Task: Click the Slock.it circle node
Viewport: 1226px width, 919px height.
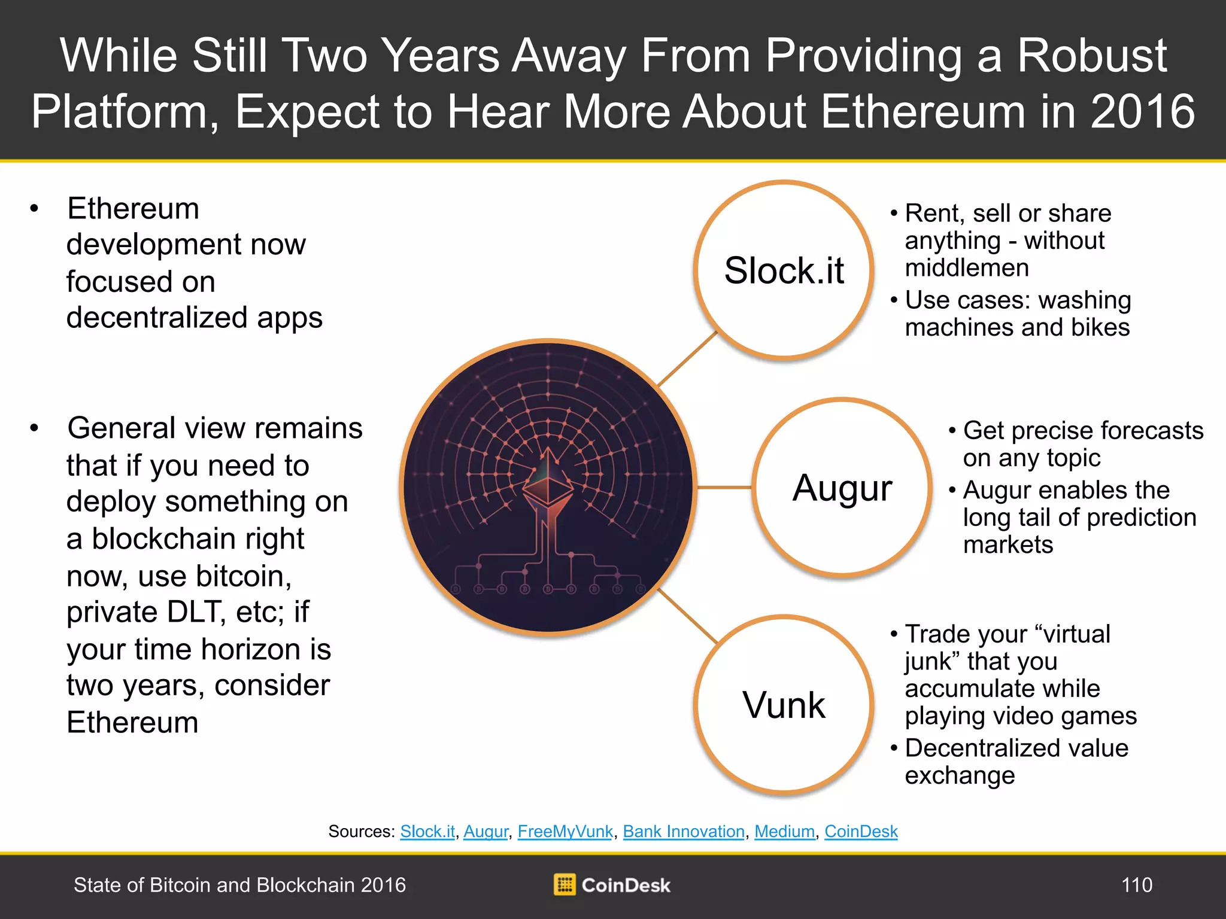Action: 784,270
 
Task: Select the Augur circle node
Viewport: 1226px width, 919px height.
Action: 842,487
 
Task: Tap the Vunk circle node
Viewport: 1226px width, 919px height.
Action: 784,705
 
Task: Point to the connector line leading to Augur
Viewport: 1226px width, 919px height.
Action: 724,488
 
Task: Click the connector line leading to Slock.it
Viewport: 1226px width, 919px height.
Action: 687,359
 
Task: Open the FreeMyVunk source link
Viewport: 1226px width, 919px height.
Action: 565,832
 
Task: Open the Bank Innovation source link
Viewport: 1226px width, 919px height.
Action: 684,832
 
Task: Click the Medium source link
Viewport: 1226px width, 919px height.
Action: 784,832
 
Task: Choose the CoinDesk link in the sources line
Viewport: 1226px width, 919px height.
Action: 861,832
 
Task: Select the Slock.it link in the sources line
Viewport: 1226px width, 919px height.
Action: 427,832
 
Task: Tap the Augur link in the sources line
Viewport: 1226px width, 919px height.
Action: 485,832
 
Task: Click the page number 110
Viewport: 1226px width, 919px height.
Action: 1137,885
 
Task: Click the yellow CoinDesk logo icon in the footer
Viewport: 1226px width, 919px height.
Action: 564,884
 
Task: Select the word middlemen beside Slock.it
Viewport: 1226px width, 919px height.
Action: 967,267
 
